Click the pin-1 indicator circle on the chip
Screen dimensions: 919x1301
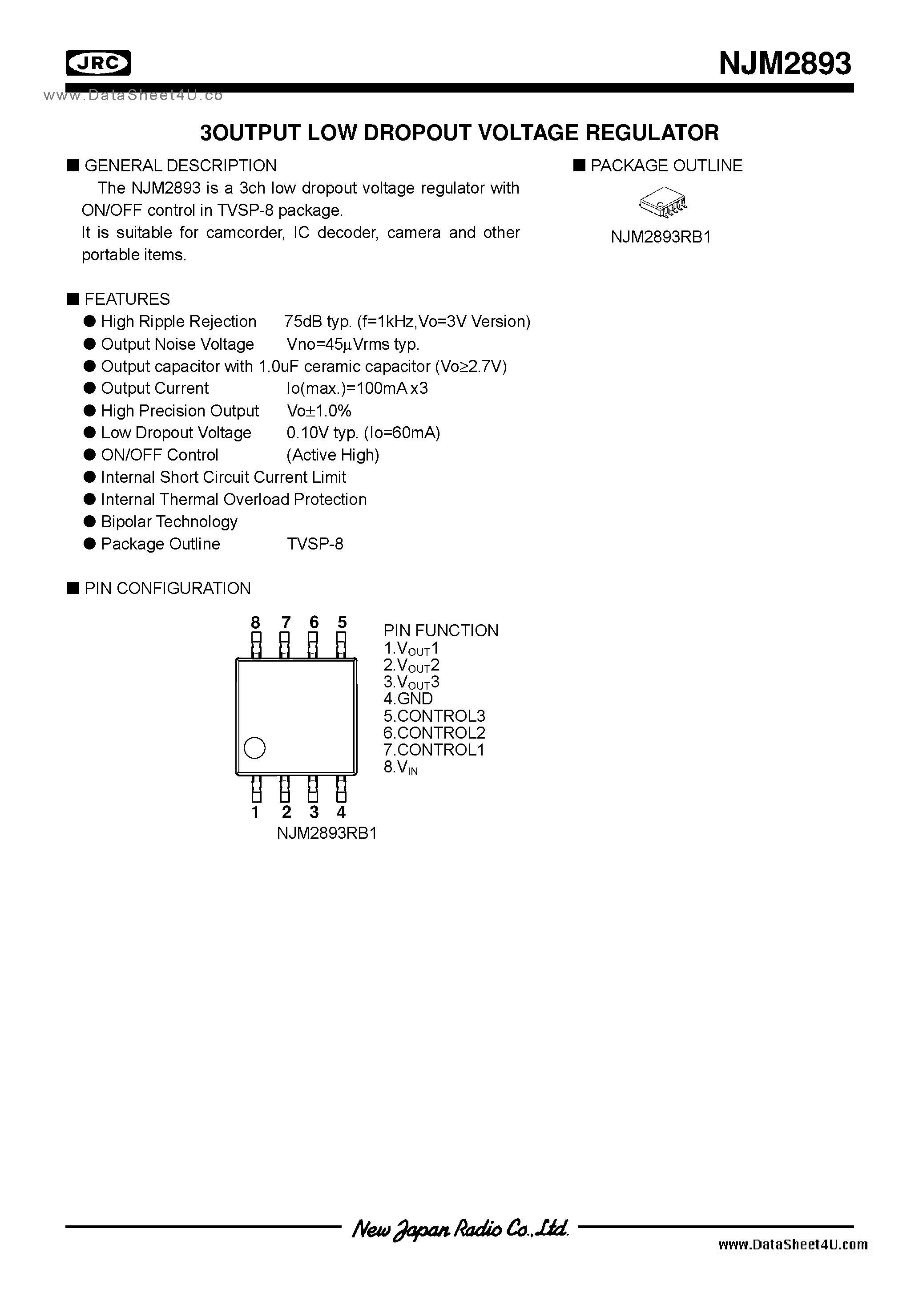(x=254, y=748)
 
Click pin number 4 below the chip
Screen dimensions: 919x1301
(x=341, y=812)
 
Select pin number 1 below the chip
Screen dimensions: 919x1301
(x=255, y=812)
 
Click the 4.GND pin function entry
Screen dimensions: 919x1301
(x=408, y=699)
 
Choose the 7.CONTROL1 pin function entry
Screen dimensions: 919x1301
(x=434, y=750)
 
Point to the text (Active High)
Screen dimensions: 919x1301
(x=333, y=455)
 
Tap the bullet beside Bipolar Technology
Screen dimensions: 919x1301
(x=89, y=521)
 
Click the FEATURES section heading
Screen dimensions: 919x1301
(x=126, y=299)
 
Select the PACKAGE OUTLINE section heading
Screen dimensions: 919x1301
(x=666, y=166)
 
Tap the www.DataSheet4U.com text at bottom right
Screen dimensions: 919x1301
(x=793, y=1244)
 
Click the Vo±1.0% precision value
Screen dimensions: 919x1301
(x=319, y=411)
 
